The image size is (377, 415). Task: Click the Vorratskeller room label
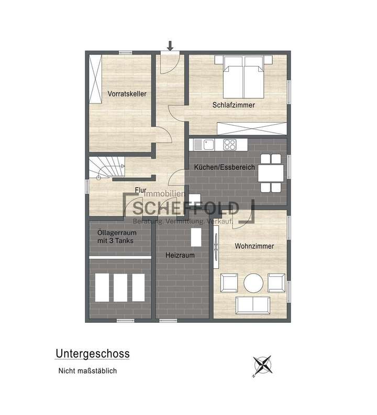click(127, 94)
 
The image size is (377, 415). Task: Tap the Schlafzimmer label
click(234, 105)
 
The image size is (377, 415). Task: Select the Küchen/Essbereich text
click(224, 167)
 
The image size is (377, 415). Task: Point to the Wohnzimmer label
click(254, 246)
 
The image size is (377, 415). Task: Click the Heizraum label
click(180, 255)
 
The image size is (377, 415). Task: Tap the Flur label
click(140, 190)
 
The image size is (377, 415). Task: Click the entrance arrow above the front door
click(170, 46)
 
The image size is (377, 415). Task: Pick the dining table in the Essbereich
click(271, 172)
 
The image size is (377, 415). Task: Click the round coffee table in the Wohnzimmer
click(253, 283)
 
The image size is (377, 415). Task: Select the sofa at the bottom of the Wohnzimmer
click(253, 304)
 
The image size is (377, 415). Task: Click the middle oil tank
click(120, 287)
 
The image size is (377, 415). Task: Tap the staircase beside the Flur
click(107, 168)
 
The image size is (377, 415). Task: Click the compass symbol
click(262, 365)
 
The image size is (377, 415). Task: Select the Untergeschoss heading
click(92, 354)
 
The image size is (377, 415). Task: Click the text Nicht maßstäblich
click(87, 370)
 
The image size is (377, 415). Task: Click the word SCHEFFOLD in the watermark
click(186, 209)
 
